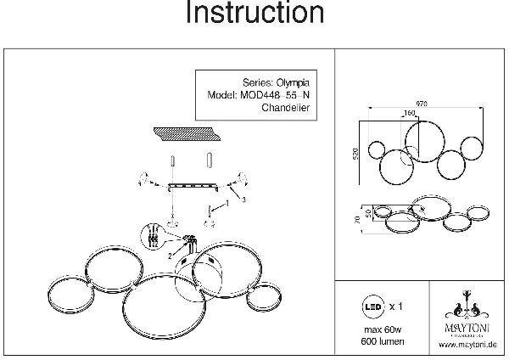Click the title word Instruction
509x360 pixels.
coord(255,14)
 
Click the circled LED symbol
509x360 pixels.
coord(372,303)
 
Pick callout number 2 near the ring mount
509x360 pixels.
coord(171,254)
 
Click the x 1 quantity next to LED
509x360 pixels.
coord(396,303)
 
